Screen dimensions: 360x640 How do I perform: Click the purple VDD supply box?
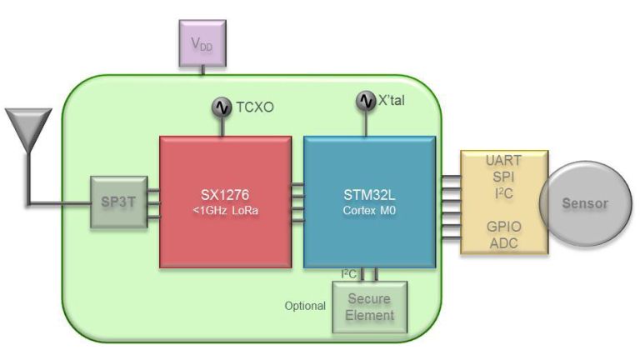202,42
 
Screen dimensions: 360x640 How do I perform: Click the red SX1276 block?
225,202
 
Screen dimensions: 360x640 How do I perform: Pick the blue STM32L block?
369,202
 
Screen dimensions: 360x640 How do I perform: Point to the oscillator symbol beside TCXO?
222,107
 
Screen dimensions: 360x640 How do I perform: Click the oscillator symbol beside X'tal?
367,101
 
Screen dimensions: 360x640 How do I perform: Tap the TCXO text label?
253,107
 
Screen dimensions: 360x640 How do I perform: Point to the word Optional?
305,306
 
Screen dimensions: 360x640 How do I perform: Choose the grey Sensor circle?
585,203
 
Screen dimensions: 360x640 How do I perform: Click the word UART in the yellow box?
504,160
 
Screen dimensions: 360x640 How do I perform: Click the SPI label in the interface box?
504,177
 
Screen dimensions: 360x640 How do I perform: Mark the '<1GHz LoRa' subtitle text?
225,211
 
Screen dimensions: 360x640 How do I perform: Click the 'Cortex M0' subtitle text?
369,211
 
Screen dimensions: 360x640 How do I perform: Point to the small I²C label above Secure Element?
349,273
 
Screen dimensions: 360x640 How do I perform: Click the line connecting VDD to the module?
202,70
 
